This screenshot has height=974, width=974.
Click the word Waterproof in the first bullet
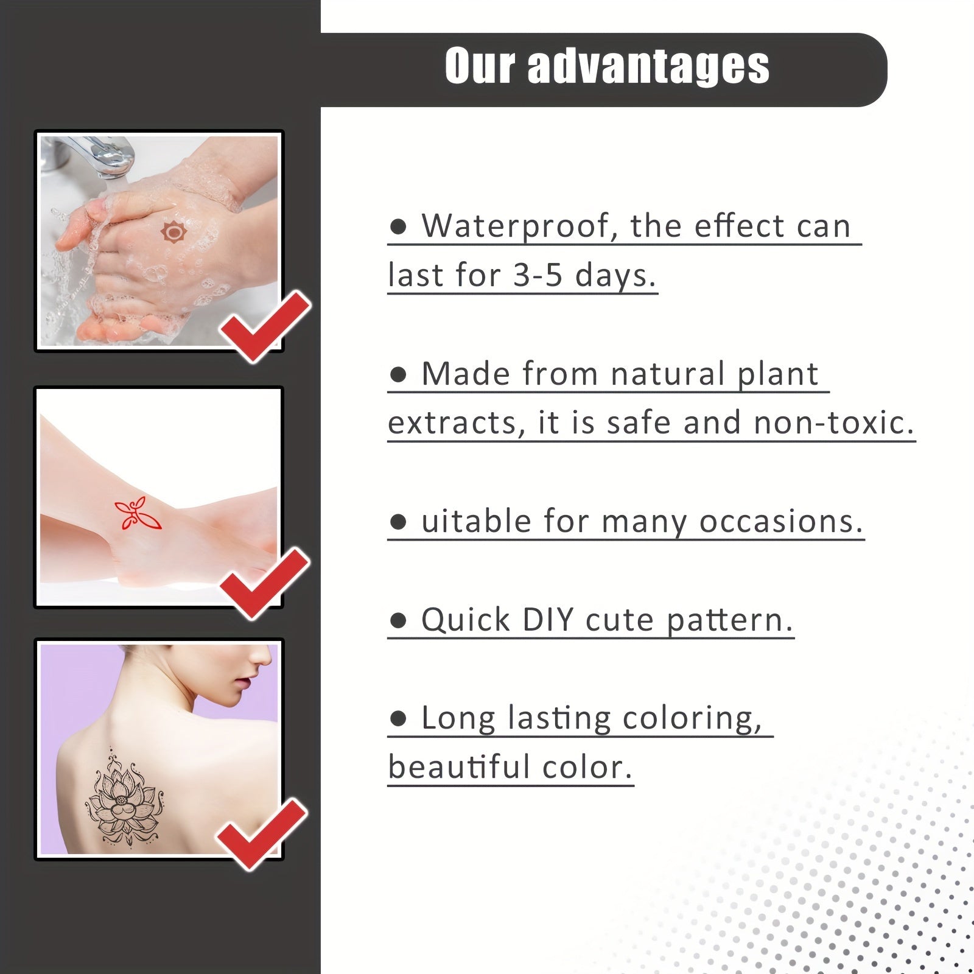pos(515,227)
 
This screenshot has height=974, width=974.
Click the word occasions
pos(781,522)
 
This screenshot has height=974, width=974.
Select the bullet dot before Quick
pos(398,621)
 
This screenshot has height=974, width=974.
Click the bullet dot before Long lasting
pos(398,719)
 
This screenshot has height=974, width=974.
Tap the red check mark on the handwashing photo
pos(266,326)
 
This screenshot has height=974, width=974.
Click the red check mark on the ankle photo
pos(265,583)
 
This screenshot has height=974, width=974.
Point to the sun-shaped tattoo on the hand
pos(173,233)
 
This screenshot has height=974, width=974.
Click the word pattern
pos(729,621)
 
